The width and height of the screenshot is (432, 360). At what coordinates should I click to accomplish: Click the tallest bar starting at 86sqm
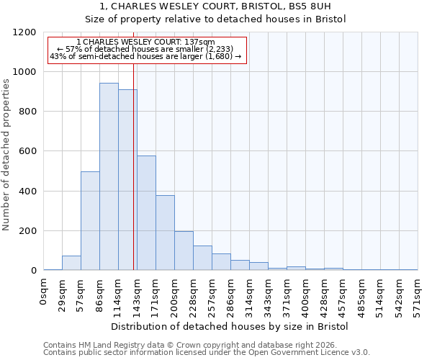109,176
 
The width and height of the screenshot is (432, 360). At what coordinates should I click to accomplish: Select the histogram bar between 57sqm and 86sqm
90,221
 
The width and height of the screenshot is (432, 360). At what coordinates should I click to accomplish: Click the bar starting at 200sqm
184,251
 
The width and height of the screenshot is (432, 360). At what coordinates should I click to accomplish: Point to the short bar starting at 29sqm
71,264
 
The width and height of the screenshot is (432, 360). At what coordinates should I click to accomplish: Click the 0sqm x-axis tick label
44,293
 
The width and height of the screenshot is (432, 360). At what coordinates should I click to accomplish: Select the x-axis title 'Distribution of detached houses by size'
230,326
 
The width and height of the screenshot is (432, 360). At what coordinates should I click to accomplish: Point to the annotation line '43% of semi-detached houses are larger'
146,56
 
